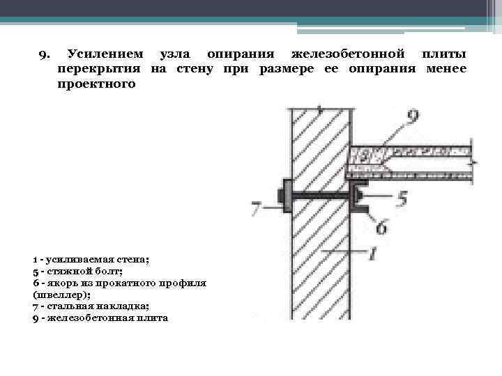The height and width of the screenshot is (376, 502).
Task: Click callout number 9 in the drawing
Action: click(x=412, y=118)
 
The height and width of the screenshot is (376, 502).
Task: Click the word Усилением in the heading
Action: click(x=105, y=54)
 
